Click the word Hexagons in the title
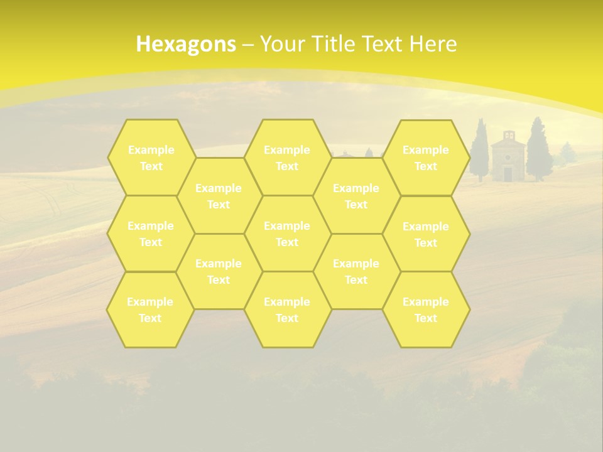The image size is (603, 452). tap(186, 44)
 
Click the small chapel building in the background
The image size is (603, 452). tap(508, 158)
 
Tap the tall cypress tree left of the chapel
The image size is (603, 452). tap(481, 151)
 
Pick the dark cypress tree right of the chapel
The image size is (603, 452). tap(538, 151)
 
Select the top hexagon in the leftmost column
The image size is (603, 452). tap(151, 158)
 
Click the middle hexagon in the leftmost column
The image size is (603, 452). tap(151, 234)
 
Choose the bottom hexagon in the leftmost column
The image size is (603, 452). tap(150, 309)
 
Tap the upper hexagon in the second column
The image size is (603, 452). tap(219, 196)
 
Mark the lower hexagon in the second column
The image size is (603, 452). tap(219, 271)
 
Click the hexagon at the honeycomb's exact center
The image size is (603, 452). tap(287, 234)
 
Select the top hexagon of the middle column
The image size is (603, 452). tap(287, 158)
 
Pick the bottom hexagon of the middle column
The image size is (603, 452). tap(287, 309)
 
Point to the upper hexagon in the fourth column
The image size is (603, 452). tap(356, 196)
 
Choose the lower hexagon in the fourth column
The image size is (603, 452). tap(356, 271)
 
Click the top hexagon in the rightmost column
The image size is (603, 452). tap(426, 158)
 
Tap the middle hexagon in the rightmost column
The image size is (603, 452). tap(426, 234)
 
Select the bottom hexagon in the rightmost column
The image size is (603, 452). tap(426, 309)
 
